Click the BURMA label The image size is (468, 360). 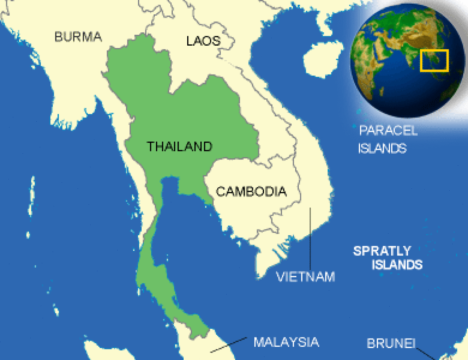click(78, 37)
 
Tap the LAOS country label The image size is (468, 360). click(203, 41)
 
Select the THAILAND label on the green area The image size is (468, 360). click(179, 147)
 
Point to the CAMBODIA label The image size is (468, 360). click(251, 192)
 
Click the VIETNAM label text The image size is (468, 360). click(305, 277)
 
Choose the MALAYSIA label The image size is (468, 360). click(286, 342)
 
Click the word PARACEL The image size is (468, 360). click(388, 130)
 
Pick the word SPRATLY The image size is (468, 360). click(382, 250)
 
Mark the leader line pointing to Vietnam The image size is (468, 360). click(310, 238)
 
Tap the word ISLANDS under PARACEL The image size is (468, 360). click(382, 148)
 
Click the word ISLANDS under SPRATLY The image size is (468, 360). click(397, 265)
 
